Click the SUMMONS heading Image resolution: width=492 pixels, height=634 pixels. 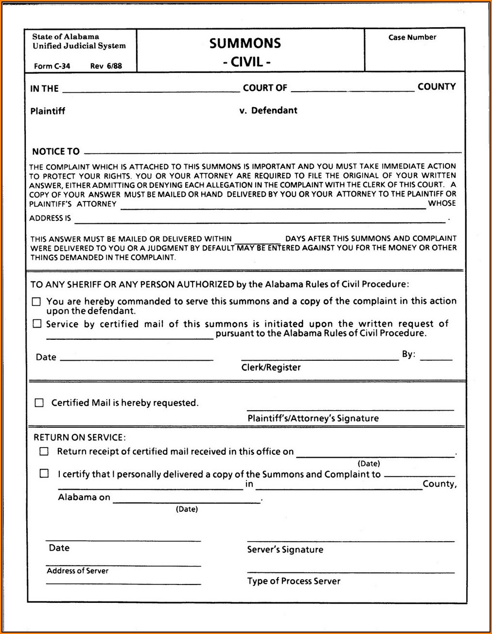(245, 44)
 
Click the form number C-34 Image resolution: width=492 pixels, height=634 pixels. (52, 66)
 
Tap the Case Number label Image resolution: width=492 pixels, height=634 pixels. (412, 37)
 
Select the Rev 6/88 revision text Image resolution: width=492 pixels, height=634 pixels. (106, 66)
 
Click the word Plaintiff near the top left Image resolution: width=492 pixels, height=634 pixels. (48, 111)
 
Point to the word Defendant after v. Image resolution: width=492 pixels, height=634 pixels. (274, 111)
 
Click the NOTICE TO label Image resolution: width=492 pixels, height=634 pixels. (56, 151)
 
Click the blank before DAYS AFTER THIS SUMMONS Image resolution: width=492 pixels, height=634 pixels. (257, 239)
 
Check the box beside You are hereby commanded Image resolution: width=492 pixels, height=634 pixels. (36, 302)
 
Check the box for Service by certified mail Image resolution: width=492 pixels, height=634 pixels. (37, 324)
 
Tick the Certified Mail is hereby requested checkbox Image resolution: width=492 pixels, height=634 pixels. (39, 403)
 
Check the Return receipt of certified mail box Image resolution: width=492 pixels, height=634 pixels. (44, 451)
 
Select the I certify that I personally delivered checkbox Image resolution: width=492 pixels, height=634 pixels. (44, 474)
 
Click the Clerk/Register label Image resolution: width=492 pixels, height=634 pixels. (271, 367)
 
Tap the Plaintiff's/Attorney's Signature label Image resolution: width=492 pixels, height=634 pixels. (313, 418)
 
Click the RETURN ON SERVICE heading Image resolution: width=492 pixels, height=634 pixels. (79, 437)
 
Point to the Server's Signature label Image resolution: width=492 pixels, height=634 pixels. (285, 550)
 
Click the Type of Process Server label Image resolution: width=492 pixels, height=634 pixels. (294, 581)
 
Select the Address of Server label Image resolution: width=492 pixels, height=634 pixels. (77, 571)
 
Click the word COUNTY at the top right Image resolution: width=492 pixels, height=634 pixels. (437, 87)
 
